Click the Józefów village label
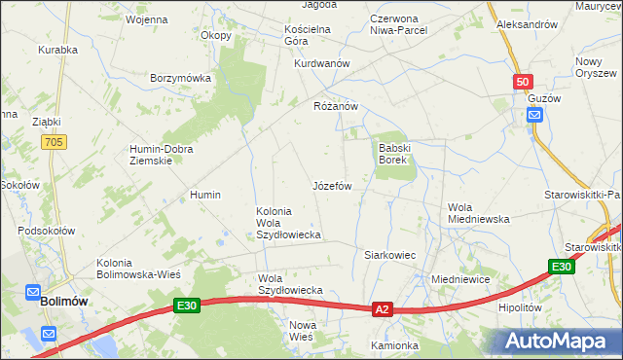[331, 185]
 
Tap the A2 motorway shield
[382, 309]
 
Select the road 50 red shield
[523, 83]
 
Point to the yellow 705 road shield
[54, 142]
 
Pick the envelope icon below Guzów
[534, 116]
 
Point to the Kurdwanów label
[321, 63]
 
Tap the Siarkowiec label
[389, 255]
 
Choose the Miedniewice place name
[459, 279]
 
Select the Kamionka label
[394, 345]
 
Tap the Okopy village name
[216, 36]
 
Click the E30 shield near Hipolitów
[560, 268]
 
